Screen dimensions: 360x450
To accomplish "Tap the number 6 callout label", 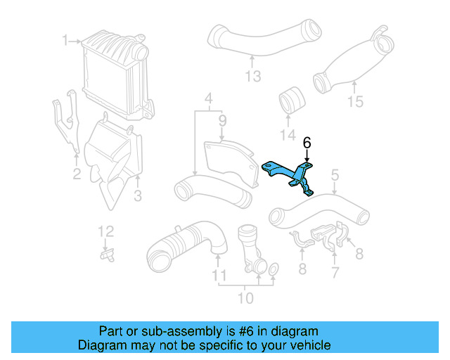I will point(307,143).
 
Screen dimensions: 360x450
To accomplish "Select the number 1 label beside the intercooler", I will point(65,40).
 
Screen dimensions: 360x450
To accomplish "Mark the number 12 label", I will point(105,231).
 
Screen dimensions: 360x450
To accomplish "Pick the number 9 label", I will point(221,122).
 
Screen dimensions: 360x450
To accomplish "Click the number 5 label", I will point(335,174).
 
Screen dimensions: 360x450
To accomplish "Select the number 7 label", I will point(335,271).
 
